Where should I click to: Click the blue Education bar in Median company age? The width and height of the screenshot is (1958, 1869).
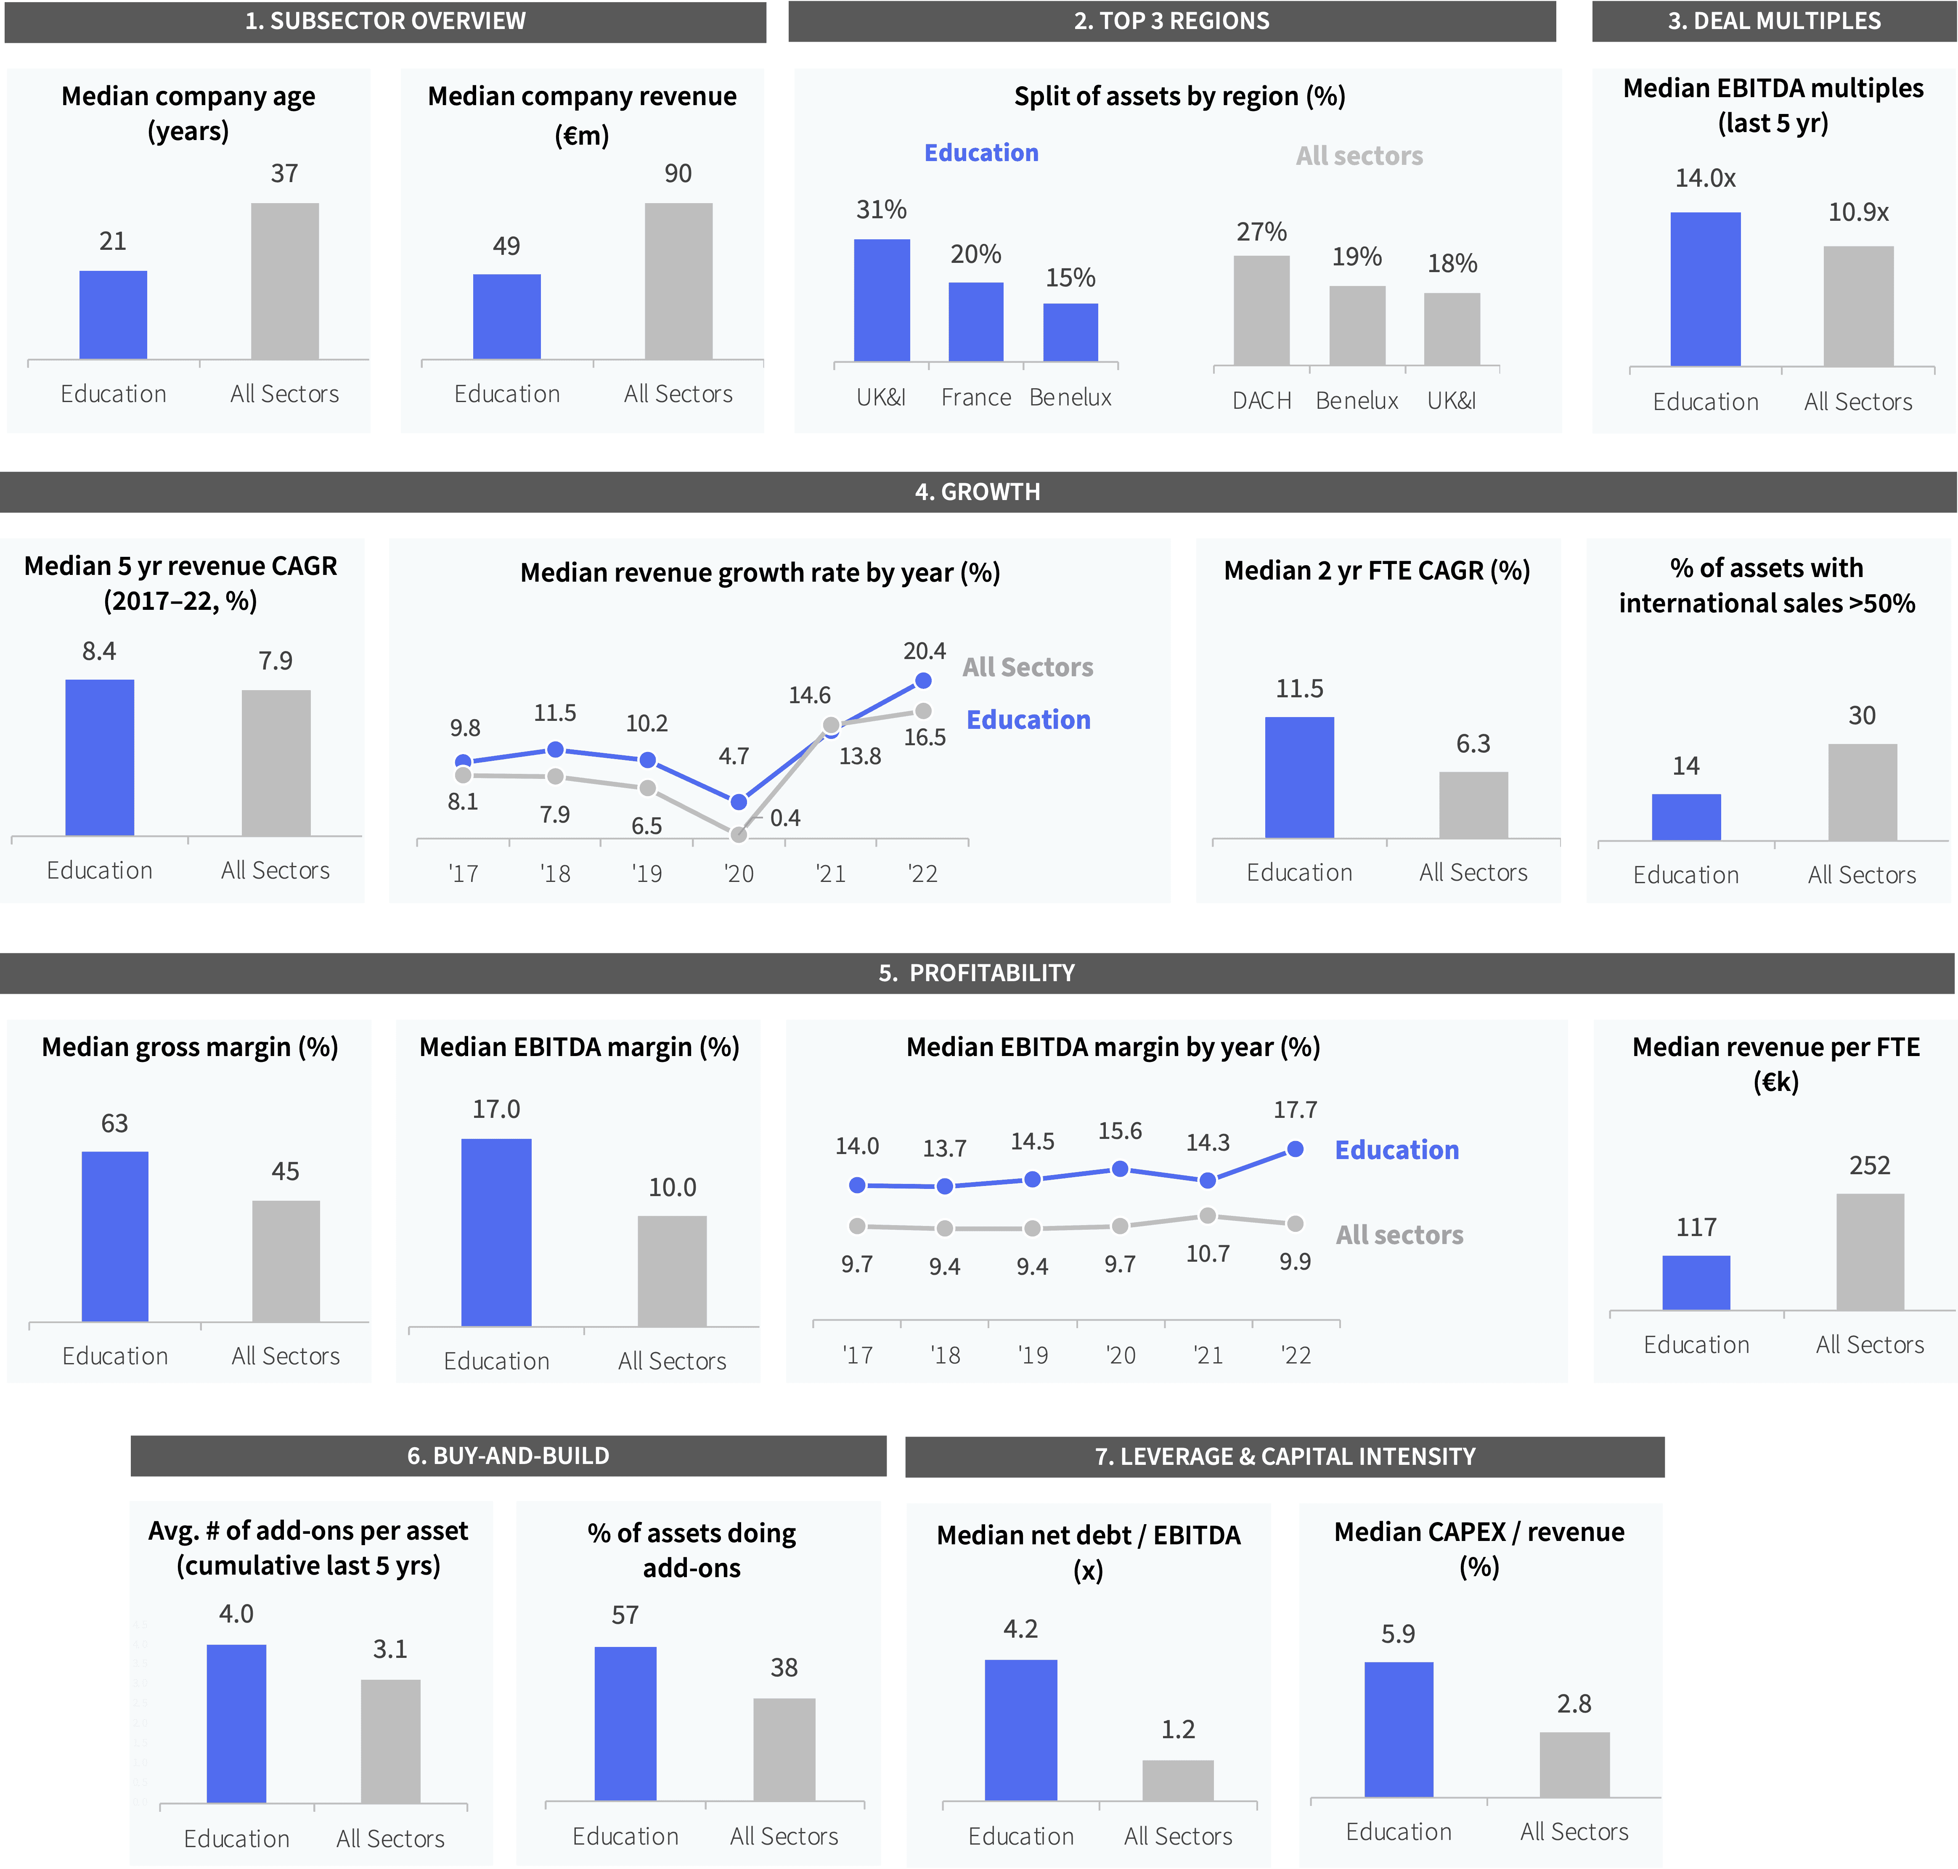click(x=113, y=315)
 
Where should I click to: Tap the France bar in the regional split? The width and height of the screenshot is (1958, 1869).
click(x=975, y=322)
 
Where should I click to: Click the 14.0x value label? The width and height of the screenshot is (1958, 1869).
click(x=1705, y=178)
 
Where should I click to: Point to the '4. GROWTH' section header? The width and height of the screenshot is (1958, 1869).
click(x=978, y=492)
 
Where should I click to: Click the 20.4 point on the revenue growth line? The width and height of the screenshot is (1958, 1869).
click(x=923, y=680)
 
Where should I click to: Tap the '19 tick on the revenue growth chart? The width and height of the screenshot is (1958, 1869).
click(x=646, y=874)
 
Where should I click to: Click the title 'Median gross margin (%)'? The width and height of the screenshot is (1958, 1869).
click(x=189, y=1047)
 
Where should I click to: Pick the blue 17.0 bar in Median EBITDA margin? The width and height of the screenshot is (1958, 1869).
click(x=496, y=1232)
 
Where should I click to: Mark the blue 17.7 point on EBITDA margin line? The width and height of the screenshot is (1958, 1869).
click(x=1294, y=1149)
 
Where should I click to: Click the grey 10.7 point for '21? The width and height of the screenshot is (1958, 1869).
click(x=1207, y=1215)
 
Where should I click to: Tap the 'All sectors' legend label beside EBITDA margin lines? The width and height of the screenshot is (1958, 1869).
click(x=1399, y=1235)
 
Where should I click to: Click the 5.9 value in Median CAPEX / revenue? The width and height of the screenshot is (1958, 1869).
click(x=1398, y=1634)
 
